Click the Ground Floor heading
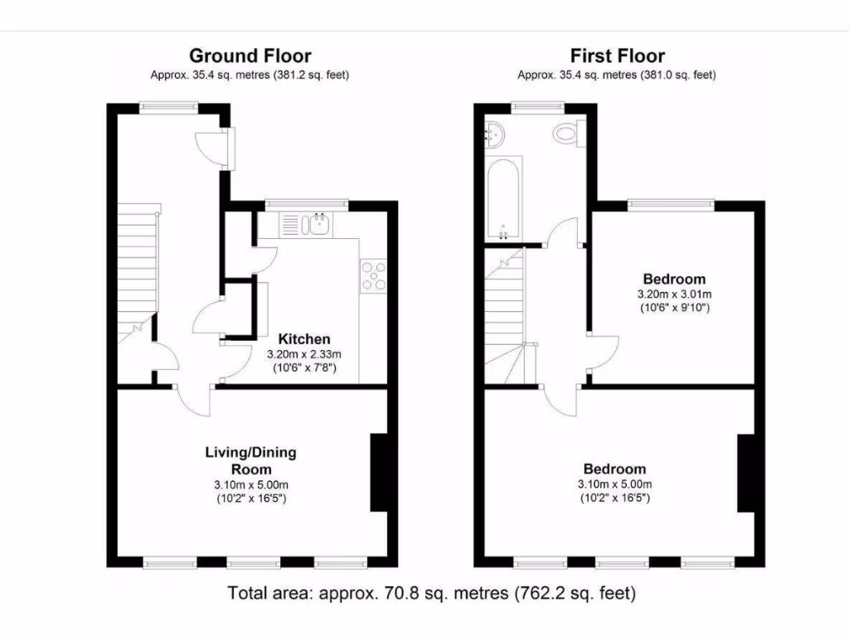tap(250, 56)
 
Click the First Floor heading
tap(617, 56)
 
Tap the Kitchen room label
tap(303, 338)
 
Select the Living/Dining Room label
tap(250, 460)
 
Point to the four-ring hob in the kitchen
tap(373, 275)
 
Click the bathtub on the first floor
tap(505, 197)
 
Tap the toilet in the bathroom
tap(570, 133)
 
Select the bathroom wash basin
tap(497, 133)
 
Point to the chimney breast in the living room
tap(378, 472)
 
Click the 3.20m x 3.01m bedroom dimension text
tap(674, 294)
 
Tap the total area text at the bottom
tap(432, 593)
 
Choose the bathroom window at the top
tap(537, 105)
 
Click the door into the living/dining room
tap(191, 398)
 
